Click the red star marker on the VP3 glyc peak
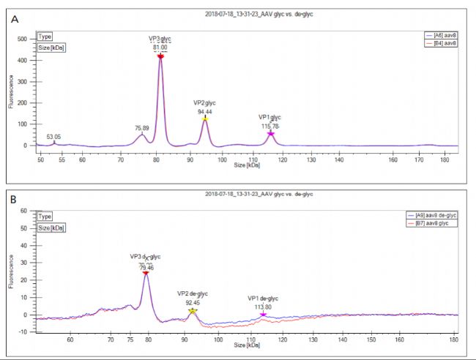pos(160,56)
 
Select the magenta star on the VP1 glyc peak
pos(270,134)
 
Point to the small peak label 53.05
pos(53,137)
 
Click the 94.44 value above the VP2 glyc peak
pos(205,112)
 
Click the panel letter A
pos(15,20)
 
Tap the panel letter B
pos(15,198)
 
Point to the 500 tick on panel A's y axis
pos(22,38)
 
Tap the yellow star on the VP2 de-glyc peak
pos(193,311)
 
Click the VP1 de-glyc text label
pos(262,298)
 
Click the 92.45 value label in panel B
pos(193,302)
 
